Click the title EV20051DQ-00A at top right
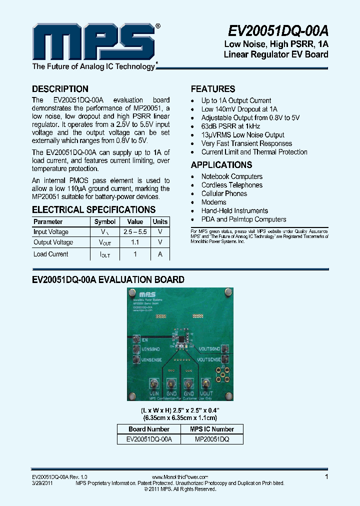(278, 31)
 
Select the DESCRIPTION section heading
(60, 89)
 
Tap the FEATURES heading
(213, 89)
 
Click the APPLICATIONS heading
(221, 165)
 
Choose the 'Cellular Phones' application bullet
(224, 193)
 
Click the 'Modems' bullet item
(213, 202)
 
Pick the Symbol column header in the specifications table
(105, 221)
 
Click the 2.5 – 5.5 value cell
(135, 232)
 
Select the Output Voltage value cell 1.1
(135, 242)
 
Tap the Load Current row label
(51, 254)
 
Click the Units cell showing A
(160, 254)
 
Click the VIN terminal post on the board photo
(154, 383)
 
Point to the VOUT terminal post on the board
(206, 383)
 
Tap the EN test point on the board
(135, 339)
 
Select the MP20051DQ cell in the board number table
(211, 439)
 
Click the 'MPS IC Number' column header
(211, 429)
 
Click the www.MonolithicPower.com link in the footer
(179, 477)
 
